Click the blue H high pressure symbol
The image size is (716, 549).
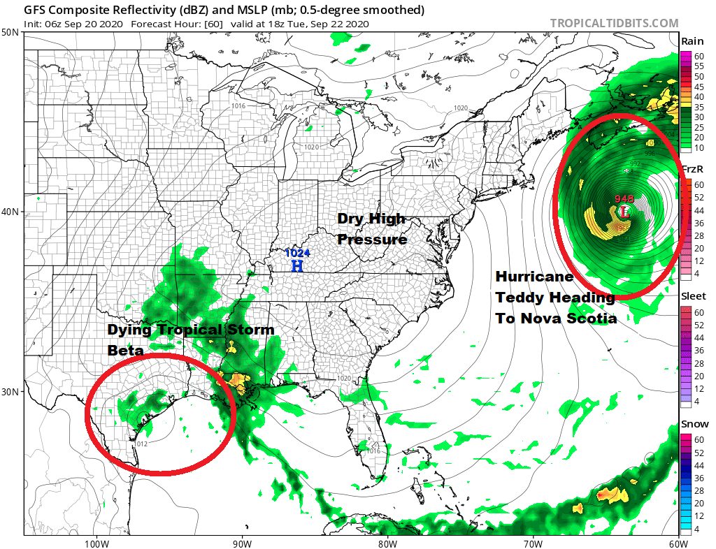pyautogui.click(x=297, y=266)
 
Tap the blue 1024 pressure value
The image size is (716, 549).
pyautogui.click(x=297, y=254)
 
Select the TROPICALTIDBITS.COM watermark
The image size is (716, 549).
pyautogui.click(x=614, y=23)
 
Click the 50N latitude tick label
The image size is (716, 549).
pyautogui.click(x=10, y=33)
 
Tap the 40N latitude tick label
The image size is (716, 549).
pyautogui.click(x=10, y=212)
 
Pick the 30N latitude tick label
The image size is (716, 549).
pyautogui.click(x=10, y=391)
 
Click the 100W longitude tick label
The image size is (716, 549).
pyautogui.click(x=96, y=543)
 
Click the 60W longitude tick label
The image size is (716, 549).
pyautogui.click(x=677, y=543)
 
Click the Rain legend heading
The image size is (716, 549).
pyautogui.click(x=692, y=42)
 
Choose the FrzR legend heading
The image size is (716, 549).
pyautogui.click(x=693, y=170)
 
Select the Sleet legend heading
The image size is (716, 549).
pyautogui.click(x=694, y=296)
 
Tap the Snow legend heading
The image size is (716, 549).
pyautogui.click(x=694, y=424)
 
